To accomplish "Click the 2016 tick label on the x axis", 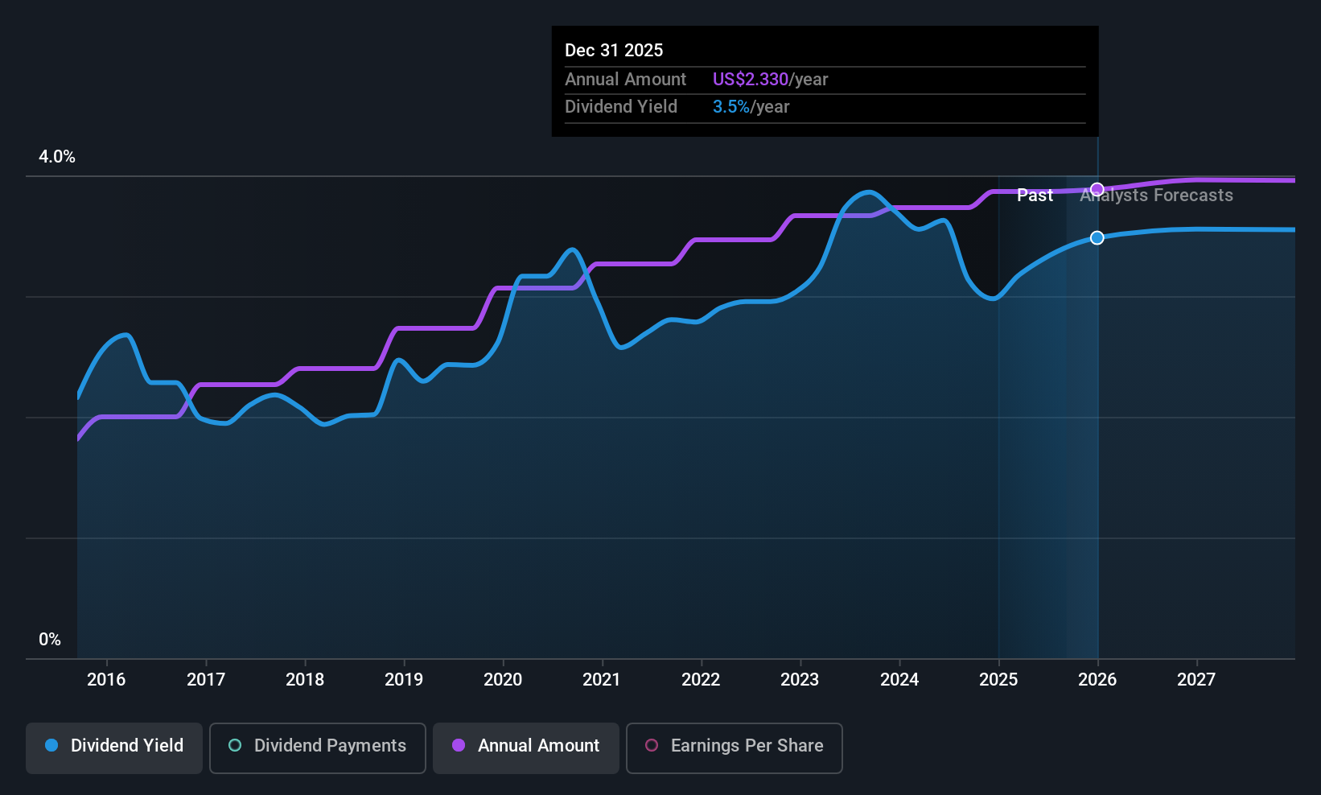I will (106, 679).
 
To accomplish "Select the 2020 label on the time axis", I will (503, 679).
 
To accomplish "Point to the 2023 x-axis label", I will (800, 679).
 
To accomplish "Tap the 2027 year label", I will (1196, 679).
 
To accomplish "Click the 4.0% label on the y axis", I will (57, 157).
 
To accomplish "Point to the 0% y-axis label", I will (50, 640).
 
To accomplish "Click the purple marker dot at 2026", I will (1097, 189).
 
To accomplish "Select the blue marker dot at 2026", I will (1097, 238).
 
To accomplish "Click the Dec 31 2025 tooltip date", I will (614, 51).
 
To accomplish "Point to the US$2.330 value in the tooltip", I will (750, 80).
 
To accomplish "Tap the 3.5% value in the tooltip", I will (730, 107).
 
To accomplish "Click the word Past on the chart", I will (1035, 196).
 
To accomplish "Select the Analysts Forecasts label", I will (1157, 196).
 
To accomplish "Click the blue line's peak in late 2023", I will (869, 192).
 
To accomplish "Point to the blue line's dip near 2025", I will (994, 299).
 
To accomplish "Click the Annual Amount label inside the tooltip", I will (625, 80).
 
